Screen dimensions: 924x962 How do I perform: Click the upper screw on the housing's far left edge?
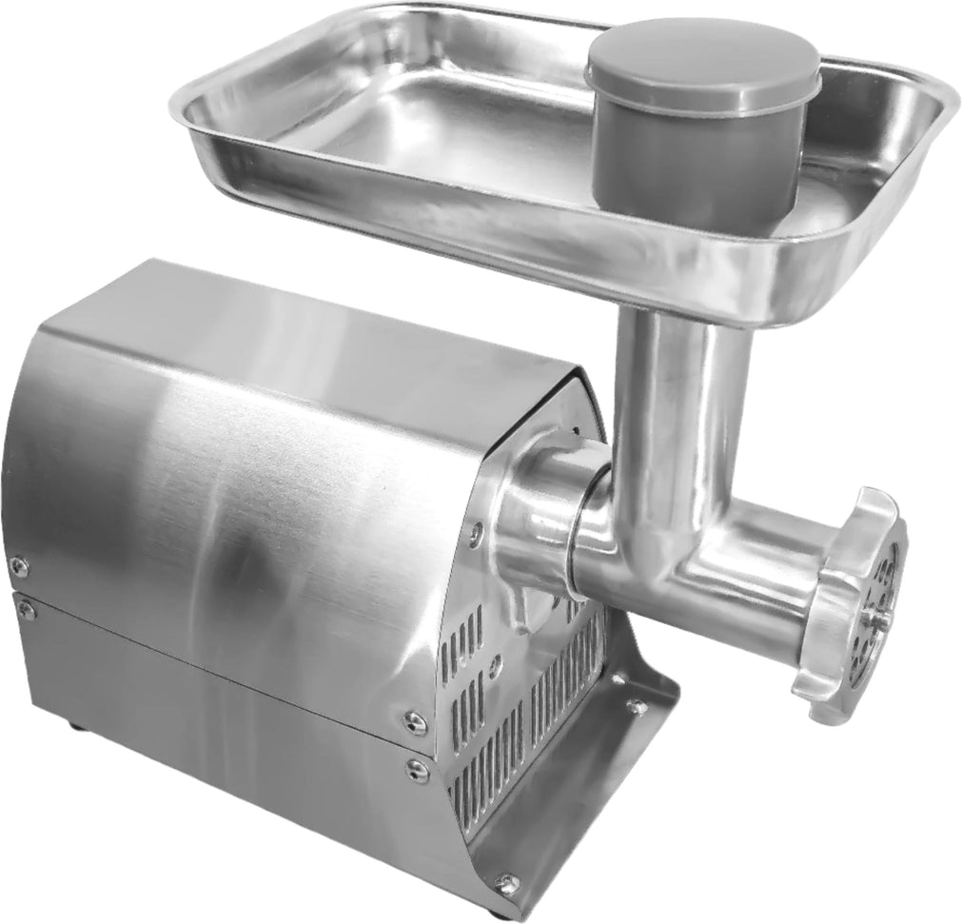click(17, 567)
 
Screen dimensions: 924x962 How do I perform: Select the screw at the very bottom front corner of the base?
click(507, 884)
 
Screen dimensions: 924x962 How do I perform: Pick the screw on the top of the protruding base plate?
click(635, 706)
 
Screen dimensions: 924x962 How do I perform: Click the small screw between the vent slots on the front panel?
click(496, 666)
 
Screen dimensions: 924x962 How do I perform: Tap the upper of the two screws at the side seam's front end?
click(415, 724)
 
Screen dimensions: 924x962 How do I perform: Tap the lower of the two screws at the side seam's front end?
click(416, 768)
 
